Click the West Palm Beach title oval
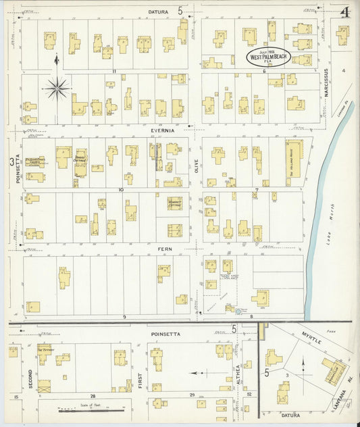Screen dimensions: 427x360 (x=269, y=56)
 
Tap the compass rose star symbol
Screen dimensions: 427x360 (x=57, y=87)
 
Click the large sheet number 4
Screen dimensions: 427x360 (x=344, y=12)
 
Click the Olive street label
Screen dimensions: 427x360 (x=196, y=166)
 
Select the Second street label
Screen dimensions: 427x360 (x=30, y=382)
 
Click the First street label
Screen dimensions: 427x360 (x=140, y=382)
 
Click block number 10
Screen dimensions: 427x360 (x=121, y=190)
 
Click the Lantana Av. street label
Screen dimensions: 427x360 (x=350, y=393)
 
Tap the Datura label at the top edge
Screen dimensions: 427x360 (x=157, y=12)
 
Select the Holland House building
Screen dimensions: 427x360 (x=293, y=159)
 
